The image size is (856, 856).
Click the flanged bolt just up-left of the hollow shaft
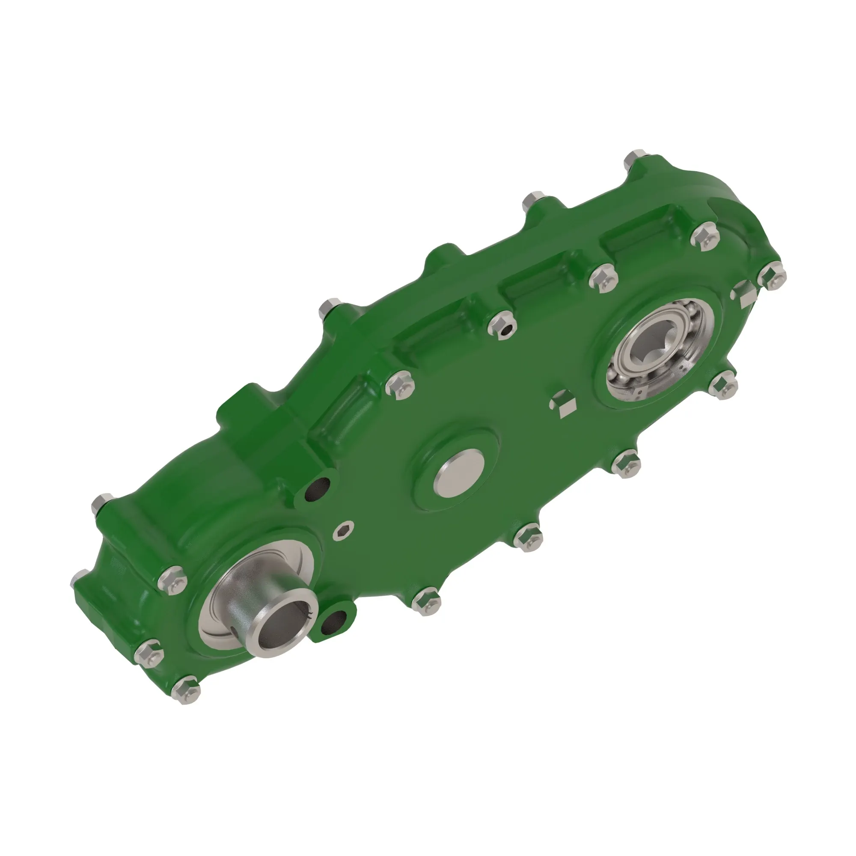click(x=172, y=582)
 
